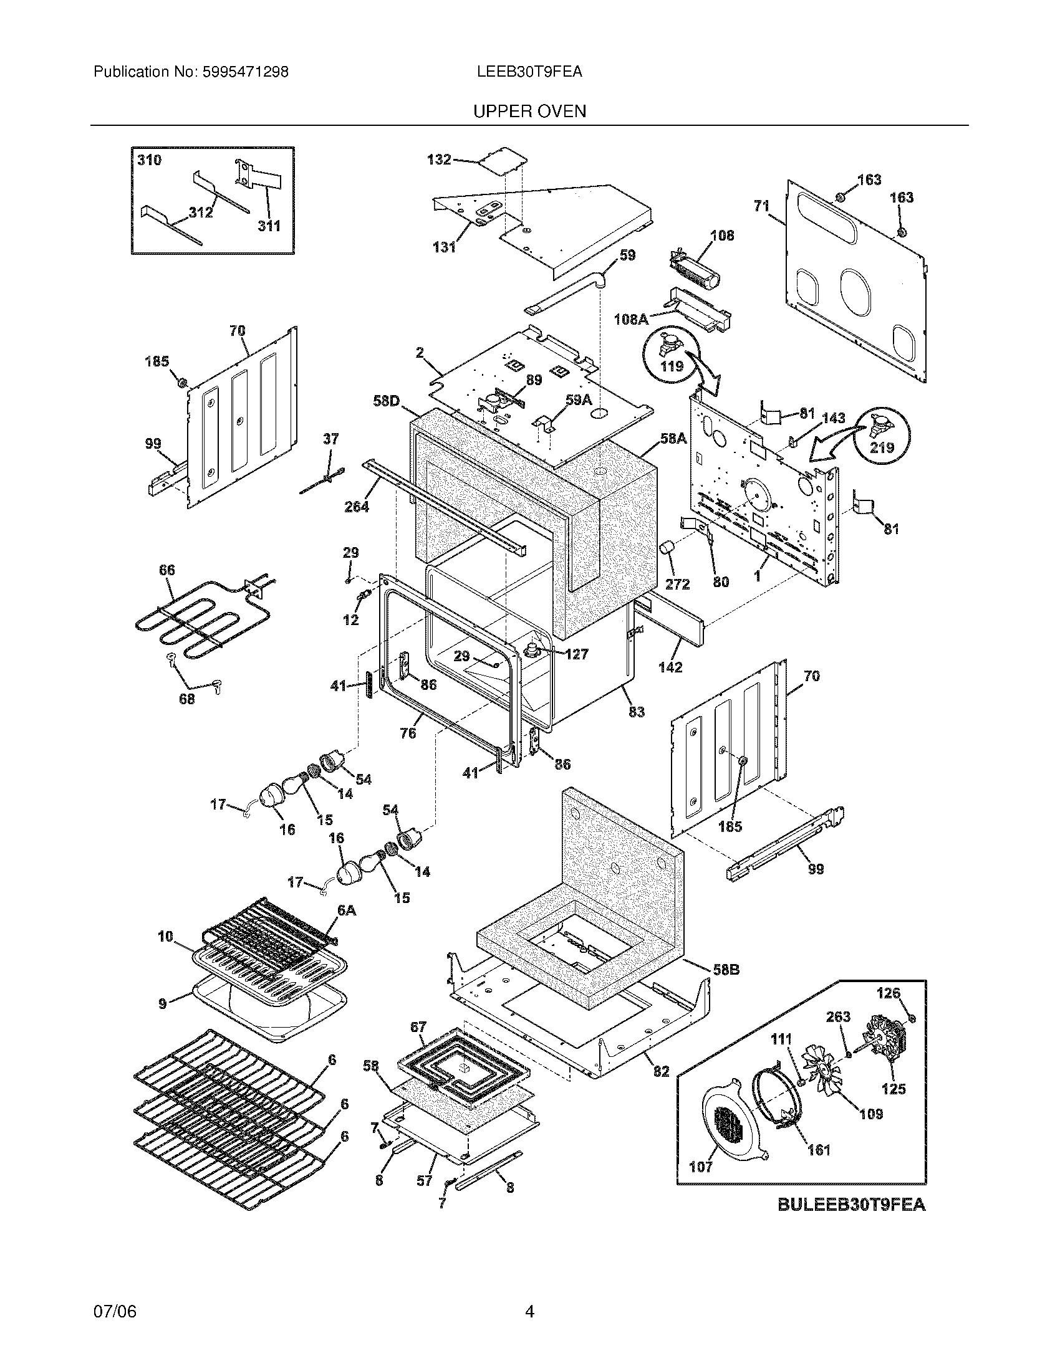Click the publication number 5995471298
[x=246, y=72]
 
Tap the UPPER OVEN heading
[x=529, y=112]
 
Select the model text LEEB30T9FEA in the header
[x=529, y=72]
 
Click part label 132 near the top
[x=439, y=160]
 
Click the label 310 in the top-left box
[x=150, y=160]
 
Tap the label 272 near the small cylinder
[x=677, y=584]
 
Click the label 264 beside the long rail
[x=356, y=506]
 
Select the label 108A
[x=630, y=320]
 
